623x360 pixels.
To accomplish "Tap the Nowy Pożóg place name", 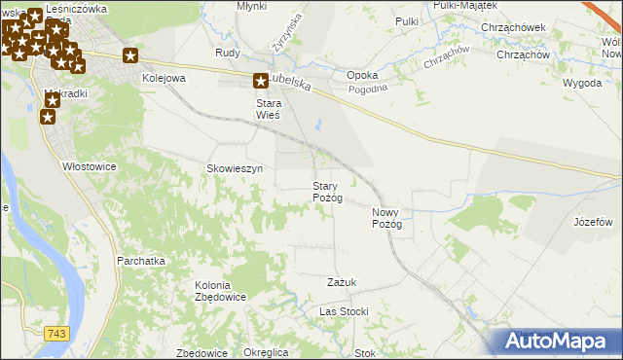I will click(x=386, y=218).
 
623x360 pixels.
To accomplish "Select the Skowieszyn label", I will click(x=235, y=168).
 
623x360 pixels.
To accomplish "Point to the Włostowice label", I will click(x=90, y=166).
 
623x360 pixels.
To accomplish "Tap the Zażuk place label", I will click(x=342, y=282).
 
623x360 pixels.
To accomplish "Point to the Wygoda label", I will click(x=582, y=83).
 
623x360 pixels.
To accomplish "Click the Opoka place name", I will click(x=362, y=75).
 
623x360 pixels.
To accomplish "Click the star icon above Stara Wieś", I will click(x=261, y=83).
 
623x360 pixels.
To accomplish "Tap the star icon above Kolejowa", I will click(x=131, y=56).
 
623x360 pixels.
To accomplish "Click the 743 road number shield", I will click(x=57, y=334).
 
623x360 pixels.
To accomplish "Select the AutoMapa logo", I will click(x=560, y=342).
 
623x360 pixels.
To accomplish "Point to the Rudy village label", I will click(x=228, y=54).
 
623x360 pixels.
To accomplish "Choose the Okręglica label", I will click(x=267, y=352).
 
